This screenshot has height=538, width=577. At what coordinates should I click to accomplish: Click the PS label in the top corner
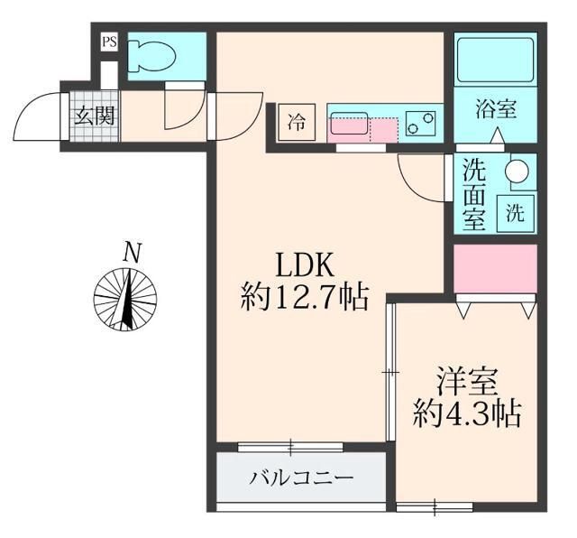coord(109,41)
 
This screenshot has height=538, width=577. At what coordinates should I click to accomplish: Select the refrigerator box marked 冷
coord(296,122)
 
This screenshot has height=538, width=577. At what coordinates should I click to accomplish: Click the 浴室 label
coord(495,110)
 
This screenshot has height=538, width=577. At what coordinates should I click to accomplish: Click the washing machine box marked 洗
coord(514,213)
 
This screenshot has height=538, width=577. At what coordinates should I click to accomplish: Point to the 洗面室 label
coord(475,193)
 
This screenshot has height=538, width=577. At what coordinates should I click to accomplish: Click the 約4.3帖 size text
coord(467,413)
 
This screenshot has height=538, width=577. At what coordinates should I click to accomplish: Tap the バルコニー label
coord(301,477)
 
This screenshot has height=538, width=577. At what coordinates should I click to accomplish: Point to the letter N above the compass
coord(133,253)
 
